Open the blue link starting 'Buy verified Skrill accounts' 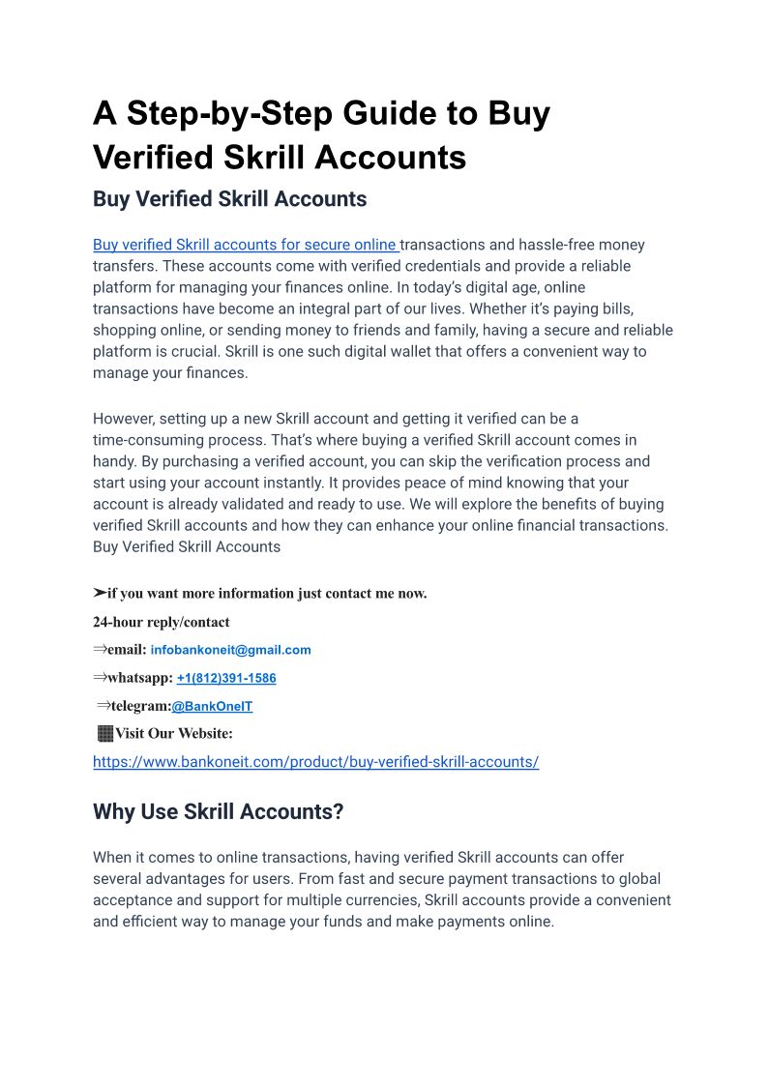(x=246, y=245)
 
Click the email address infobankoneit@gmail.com (x=230, y=650)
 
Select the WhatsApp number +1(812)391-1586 (x=226, y=678)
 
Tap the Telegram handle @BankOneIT (x=212, y=706)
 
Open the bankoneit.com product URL (x=315, y=761)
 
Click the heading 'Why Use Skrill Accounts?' (x=218, y=811)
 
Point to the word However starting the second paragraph (x=124, y=419)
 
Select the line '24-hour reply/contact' (x=161, y=622)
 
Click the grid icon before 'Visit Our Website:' (x=104, y=733)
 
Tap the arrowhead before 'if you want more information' (x=100, y=593)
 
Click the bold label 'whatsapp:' (x=139, y=678)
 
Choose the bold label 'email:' (x=127, y=650)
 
